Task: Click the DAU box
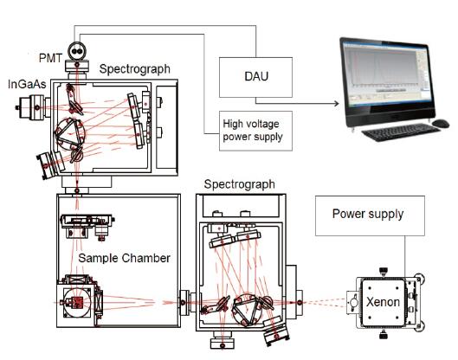(255, 77)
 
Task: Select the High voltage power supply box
(255, 131)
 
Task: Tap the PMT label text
(50, 58)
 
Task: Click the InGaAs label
(27, 84)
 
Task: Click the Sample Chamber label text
(124, 258)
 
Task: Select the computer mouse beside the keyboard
(441, 123)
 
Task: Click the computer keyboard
(400, 132)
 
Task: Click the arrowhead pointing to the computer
(337, 103)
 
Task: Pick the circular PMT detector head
(77, 51)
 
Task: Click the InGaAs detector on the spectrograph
(33, 107)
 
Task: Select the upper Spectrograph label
(135, 69)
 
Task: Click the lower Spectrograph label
(240, 184)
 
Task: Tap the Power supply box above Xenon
(370, 215)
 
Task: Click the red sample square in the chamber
(78, 302)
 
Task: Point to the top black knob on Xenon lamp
(384, 271)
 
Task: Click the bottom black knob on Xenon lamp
(384, 334)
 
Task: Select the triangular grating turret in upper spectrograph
(70, 133)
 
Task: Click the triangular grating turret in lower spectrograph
(246, 310)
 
